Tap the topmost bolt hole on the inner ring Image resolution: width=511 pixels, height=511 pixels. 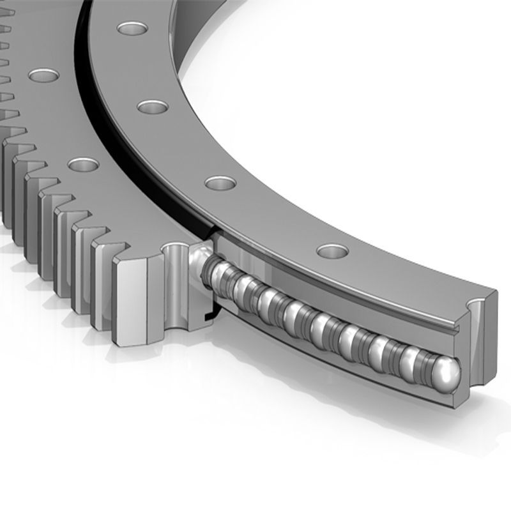click(x=132, y=29)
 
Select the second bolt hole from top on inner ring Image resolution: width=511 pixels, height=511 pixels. click(x=152, y=105)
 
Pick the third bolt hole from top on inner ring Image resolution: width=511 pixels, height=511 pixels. click(x=220, y=183)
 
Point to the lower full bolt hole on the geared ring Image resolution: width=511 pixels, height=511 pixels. click(x=83, y=165)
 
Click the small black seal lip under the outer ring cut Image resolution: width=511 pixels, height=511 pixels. click(x=208, y=314)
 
